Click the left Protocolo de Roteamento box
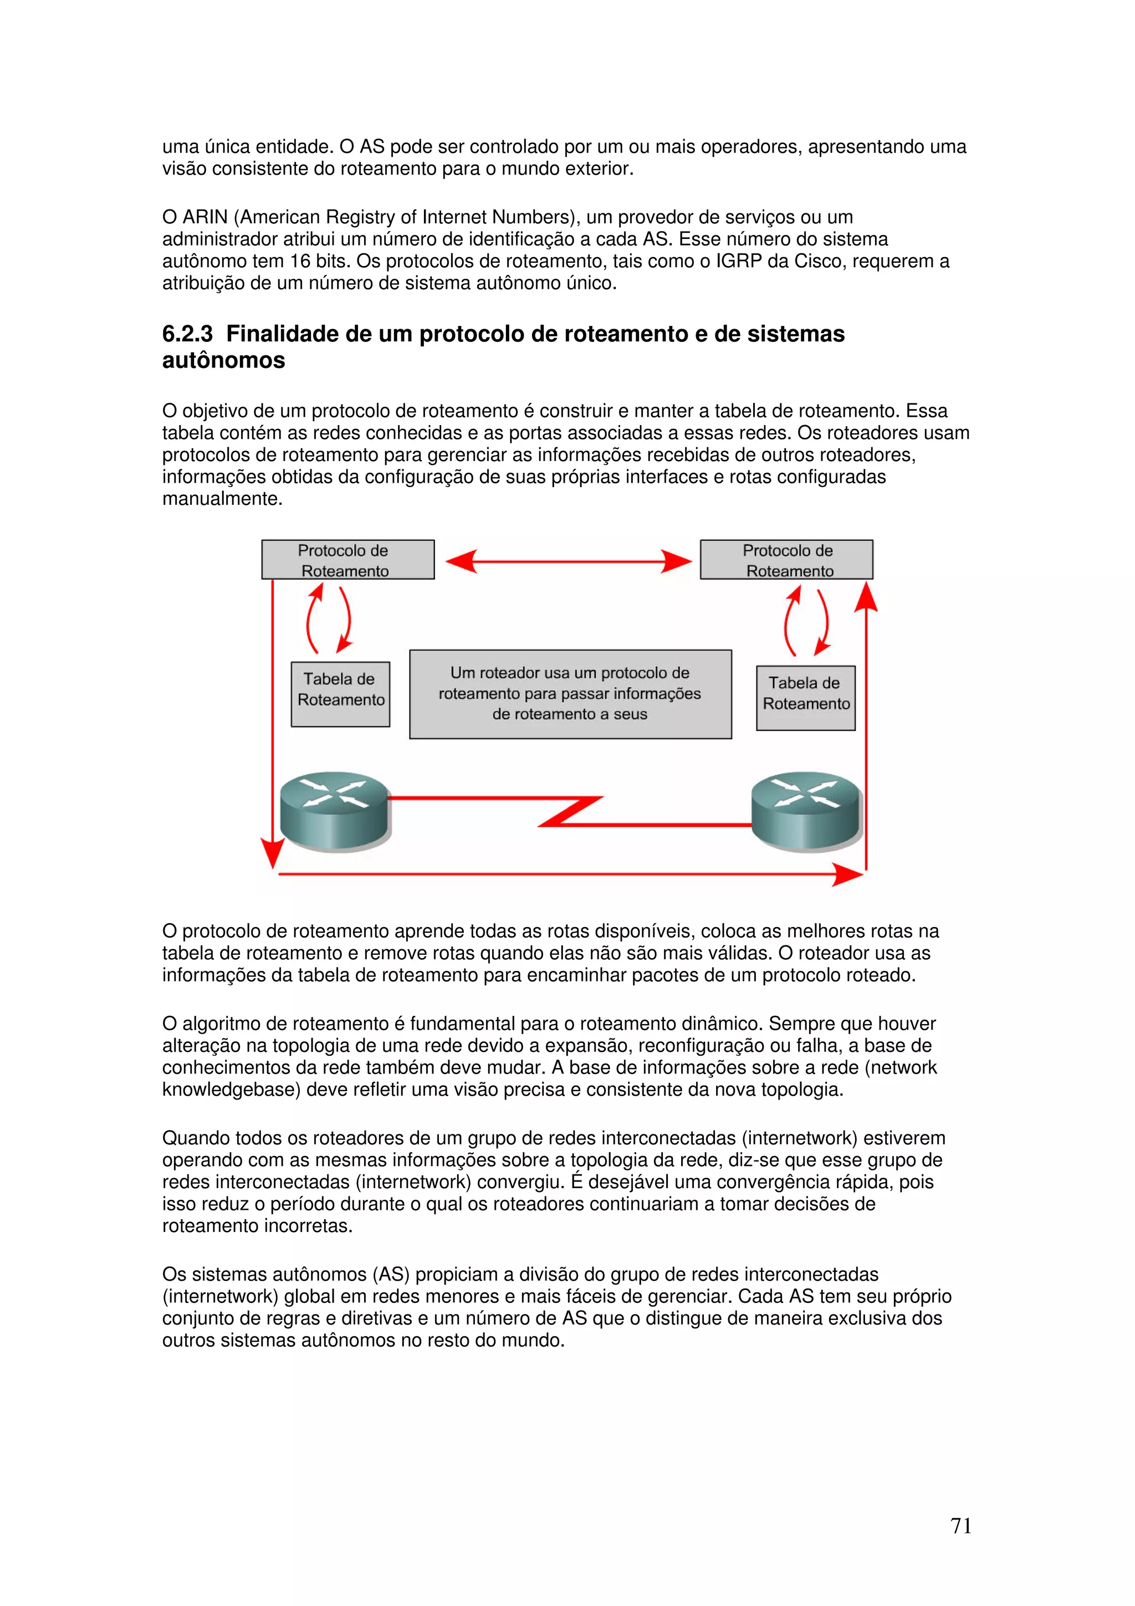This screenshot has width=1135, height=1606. click(347, 560)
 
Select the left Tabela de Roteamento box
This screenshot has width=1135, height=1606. click(341, 694)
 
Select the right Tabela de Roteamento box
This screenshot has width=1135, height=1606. click(806, 698)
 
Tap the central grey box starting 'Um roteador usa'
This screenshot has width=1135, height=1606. click(570, 694)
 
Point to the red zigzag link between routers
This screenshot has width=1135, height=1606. click(570, 811)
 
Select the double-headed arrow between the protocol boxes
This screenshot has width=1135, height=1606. click(568, 561)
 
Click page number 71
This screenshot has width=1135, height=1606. click(961, 1526)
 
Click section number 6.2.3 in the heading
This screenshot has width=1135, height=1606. click(187, 334)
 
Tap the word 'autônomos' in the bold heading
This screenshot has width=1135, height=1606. click(224, 361)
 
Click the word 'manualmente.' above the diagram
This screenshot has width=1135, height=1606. click(222, 499)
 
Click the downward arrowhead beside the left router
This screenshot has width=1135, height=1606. click(272, 853)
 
